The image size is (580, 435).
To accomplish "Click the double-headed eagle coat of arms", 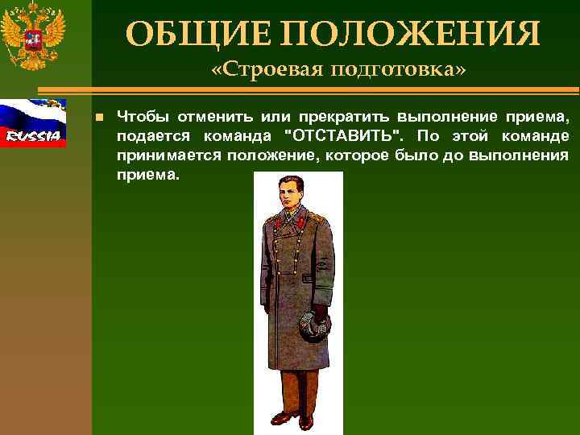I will (x=33, y=37).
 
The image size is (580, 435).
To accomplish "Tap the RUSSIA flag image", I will (x=33, y=122).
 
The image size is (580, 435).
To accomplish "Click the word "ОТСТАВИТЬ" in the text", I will (x=346, y=136).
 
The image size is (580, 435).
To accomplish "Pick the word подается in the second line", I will (x=147, y=136).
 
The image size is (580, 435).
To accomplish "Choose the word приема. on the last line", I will (x=146, y=173).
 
